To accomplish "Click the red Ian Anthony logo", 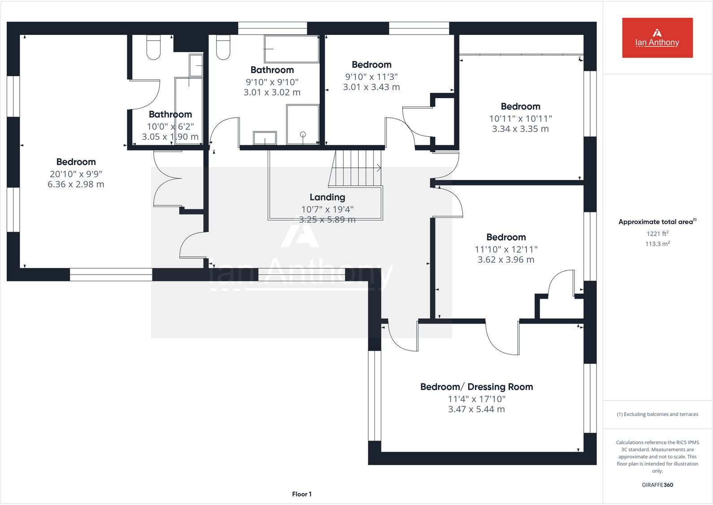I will (x=657, y=38).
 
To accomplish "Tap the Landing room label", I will (x=327, y=197).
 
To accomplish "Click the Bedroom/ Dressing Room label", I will (x=476, y=387).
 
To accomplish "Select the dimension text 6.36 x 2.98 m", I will (x=76, y=184).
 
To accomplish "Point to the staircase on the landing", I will (x=357, y=168).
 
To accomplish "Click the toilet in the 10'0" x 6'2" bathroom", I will (x=153, y=47).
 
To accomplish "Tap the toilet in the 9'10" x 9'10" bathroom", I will (x=223, y=47).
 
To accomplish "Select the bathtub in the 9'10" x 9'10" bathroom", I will (x=291, y=49).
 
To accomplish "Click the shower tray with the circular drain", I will (x=303, y=125).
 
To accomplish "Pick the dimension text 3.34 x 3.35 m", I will (x=520, y=129).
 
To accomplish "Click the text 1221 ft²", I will (x=657, y=233).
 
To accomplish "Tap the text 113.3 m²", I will (x=657, y=244).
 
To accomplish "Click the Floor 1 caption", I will (x=301, y=494).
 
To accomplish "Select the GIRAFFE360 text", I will (x=657, y=485).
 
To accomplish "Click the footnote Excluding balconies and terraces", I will (x=657, y=414).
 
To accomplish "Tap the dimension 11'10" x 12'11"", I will (x=506, y=249).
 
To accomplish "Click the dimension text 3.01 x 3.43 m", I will (x=371, y=87).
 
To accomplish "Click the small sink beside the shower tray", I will (x=265, y=138).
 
